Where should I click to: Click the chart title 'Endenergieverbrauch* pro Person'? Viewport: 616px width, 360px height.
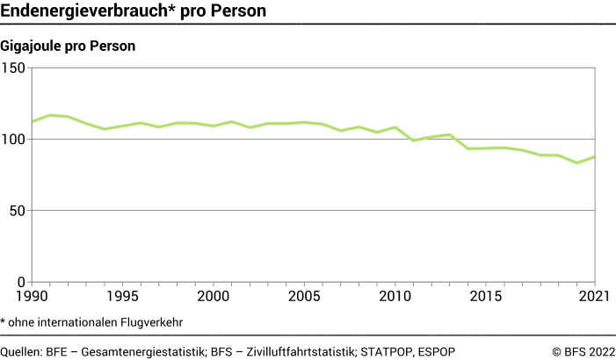click(x=134, y=11)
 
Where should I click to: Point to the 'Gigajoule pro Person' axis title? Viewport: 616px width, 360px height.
click(x=69, y=47)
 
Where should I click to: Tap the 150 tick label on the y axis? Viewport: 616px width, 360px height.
click(x=15, y=68)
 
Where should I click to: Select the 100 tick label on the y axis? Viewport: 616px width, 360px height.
click(x=15, y=139)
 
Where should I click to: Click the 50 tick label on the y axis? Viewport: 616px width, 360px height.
click(x=18, y=211)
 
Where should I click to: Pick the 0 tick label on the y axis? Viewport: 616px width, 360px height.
click(x=23, y=282)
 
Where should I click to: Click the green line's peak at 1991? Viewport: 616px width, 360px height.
click(x=50, y=115)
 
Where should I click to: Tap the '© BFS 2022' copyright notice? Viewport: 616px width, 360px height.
click(x=583, y=350)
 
